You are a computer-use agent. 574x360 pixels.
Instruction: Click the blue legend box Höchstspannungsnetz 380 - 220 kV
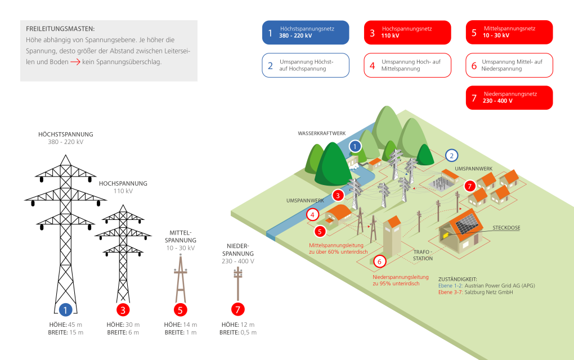[306, 32]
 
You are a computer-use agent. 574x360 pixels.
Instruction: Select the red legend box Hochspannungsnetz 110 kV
[407, 32]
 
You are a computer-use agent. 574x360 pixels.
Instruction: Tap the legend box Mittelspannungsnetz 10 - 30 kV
[509, 32]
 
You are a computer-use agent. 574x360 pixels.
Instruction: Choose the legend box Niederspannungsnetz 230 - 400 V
[509, 97]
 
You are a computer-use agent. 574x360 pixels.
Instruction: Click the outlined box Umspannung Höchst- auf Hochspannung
[306, 65]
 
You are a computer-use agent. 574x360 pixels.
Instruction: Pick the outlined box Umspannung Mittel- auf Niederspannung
[509, 65]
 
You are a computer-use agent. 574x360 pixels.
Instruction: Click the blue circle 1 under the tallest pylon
[66, 309]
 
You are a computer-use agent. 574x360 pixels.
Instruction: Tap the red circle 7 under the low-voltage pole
[238, 309]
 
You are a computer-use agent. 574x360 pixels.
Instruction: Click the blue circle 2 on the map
[451, 156]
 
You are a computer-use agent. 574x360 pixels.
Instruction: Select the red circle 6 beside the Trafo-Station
[379, 262]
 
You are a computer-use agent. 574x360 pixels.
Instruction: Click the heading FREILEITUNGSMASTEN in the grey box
[60, 29]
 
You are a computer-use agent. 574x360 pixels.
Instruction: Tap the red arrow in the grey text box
[75, 62]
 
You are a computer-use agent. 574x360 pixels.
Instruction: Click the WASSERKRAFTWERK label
[321, 133]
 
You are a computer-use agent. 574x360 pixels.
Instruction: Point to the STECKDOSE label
[506, 228]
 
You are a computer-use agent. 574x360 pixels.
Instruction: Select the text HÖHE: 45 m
[66, 325]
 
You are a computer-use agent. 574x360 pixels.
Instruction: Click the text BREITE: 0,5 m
[238, 332]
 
